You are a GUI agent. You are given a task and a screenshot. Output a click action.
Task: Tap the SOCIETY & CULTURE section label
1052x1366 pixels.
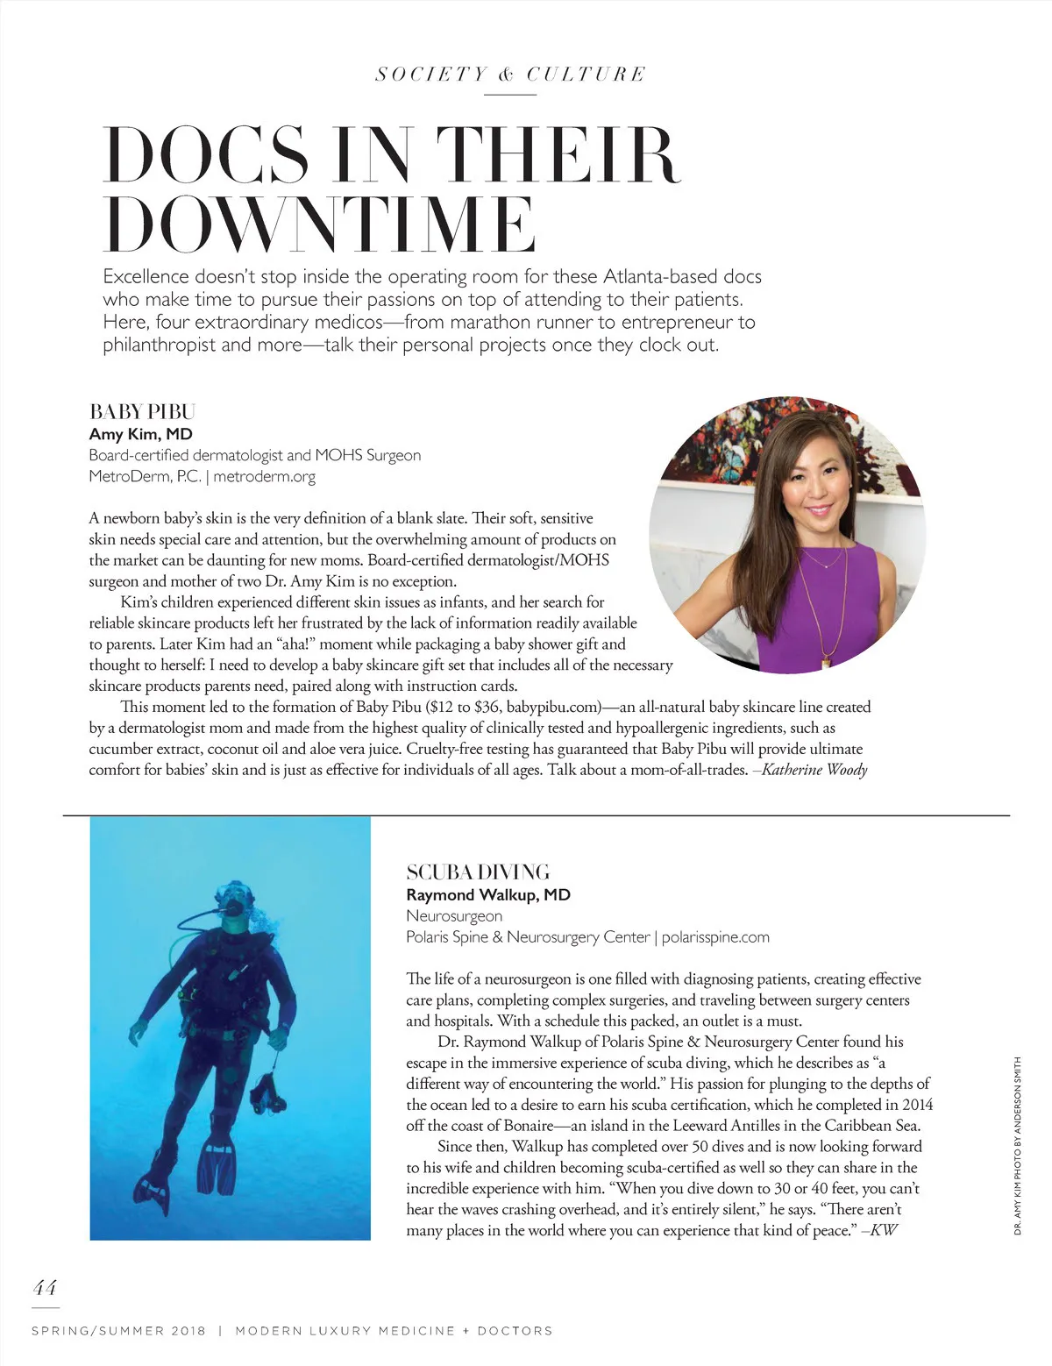pos(510,75)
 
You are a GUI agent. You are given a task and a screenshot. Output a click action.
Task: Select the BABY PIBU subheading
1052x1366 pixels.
pos(142,412)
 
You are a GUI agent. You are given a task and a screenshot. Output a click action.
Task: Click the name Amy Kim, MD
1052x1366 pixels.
pos(140,434)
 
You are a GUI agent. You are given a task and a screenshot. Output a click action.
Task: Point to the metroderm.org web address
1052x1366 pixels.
pos(264,477)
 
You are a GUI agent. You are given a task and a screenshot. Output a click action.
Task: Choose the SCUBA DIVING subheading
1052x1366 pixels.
pos(478,872)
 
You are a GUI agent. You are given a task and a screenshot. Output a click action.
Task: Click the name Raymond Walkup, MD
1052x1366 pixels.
pos(487,895)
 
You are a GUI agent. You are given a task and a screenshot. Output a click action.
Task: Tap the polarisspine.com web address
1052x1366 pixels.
pos(715,937)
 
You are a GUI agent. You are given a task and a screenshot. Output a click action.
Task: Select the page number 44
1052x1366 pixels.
pos(45,1288)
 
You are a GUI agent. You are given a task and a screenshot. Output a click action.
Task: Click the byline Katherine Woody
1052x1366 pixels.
pos(814,771)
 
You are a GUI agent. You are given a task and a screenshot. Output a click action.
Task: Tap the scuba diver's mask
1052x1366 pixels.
pos(234,900)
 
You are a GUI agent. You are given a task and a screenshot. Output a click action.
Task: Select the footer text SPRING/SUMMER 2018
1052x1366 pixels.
pos(118,1331)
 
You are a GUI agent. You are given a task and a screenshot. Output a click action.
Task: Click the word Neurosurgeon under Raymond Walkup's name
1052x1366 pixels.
pos(454,916)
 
